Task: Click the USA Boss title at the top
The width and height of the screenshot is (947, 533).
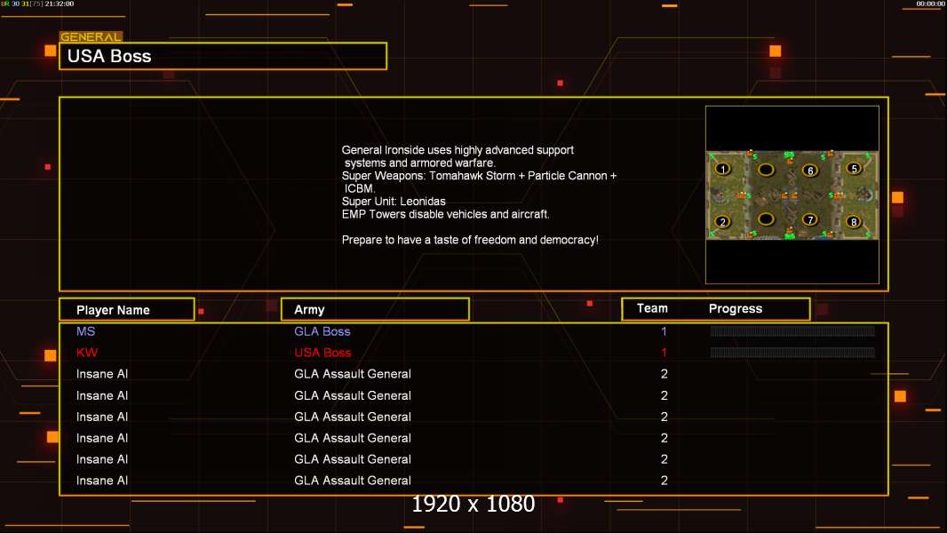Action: (109, 56)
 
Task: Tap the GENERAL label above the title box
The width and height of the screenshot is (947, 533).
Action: (91, 36)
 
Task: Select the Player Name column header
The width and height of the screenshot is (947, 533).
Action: (113, 310)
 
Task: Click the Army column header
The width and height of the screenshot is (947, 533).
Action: (309, 310)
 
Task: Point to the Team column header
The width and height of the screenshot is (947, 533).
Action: (652, 308)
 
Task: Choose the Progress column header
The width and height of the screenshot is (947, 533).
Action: (736, 308)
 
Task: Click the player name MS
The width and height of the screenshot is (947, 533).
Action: (86, 331)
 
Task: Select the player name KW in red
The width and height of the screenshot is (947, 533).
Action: (87, 353)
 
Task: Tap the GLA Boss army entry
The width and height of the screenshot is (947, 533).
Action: (322, 331)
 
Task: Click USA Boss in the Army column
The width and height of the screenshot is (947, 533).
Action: (322, 353)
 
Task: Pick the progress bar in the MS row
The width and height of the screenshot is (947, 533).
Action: (792, 330)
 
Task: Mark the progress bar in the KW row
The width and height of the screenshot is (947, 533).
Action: (792, 352)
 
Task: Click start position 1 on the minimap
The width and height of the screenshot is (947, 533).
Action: (723, 169)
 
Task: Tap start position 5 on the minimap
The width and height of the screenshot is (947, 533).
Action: (854, 169)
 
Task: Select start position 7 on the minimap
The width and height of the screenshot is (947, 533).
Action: (810, 219)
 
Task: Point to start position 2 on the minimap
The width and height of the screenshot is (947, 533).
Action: (723, 221)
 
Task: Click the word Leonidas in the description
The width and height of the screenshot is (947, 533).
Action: (423, 202)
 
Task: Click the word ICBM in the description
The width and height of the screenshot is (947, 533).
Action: (359, 188)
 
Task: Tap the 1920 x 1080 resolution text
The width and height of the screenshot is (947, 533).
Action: (473, 504)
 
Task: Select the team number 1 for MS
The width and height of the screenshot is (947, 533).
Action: (664, 331)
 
